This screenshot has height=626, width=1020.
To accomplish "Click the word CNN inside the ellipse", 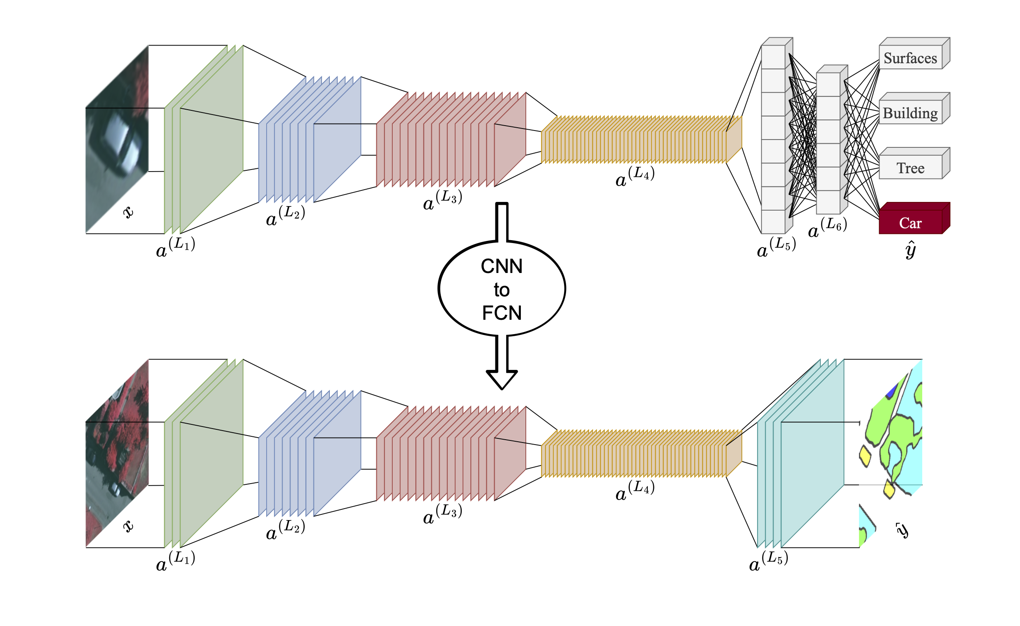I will click(x=501, y=266).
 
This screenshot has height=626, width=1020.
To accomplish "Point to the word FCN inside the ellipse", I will click(x=501, y=312).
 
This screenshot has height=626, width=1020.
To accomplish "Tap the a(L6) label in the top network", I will click(x=827, y=228).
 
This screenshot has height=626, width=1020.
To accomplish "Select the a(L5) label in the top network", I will click(x=776, y=248).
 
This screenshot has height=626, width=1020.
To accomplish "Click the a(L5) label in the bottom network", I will click(x=768, y=561).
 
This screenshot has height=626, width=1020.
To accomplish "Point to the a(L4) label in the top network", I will click(x=635, y=177).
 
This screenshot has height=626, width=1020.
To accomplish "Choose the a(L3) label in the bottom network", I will click(x=442, y=514).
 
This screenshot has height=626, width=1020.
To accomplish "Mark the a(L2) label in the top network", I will click(x=285, y=216).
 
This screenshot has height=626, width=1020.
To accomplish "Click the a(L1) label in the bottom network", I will click(x=175, y=561).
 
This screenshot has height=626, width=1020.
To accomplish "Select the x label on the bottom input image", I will click(x=129, y=526).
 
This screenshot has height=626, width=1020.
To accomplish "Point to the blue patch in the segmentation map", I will click(x=891, y=390).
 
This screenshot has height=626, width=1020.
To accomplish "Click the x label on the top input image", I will click(x=129, y=212).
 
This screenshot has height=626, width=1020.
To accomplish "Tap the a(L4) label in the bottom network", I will click(x=635, y=491).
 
